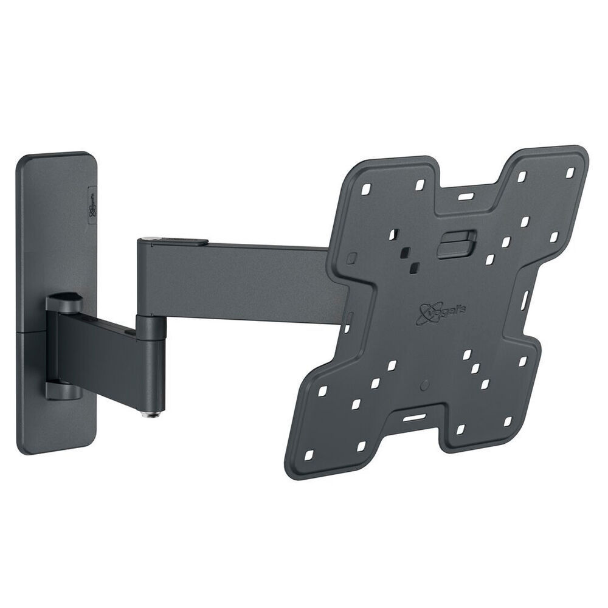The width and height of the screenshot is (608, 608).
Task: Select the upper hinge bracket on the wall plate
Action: [x=65, y=300]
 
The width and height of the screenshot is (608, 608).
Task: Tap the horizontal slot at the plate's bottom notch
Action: [x=414, y=419]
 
